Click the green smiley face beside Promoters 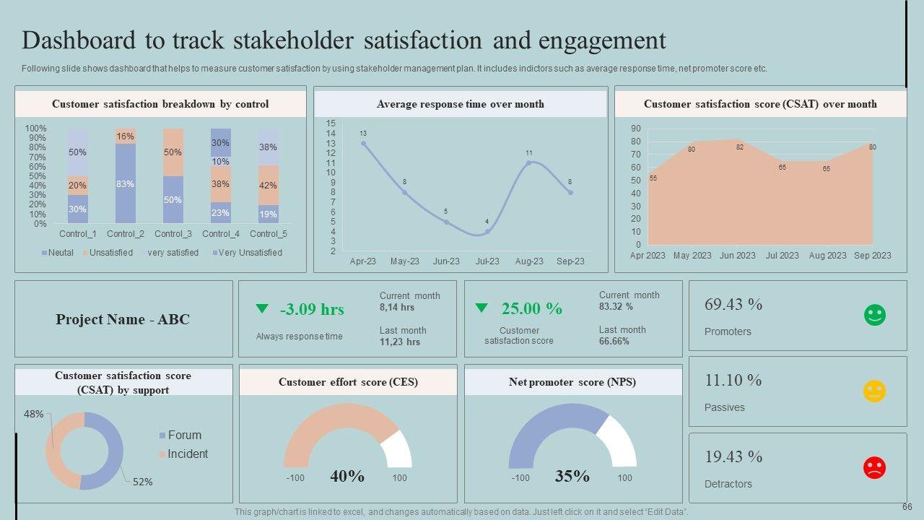[874, 315]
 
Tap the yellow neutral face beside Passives [874, 391]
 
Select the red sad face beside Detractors [874, 467]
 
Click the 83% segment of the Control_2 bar [125, 183]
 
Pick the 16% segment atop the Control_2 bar [125, 136]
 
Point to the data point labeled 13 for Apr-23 [363, 143]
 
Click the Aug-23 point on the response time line [529, 162]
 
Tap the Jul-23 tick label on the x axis [487, 261]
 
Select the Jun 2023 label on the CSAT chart [738, 255]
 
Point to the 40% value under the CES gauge [347, 476]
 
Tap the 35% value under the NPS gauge [572, 476]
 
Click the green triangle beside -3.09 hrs [262, 308]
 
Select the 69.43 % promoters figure [733, 304]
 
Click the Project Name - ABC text [123, 319]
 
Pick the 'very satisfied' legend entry [173, 253]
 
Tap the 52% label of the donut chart [143, 482]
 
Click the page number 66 [907, 507]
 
